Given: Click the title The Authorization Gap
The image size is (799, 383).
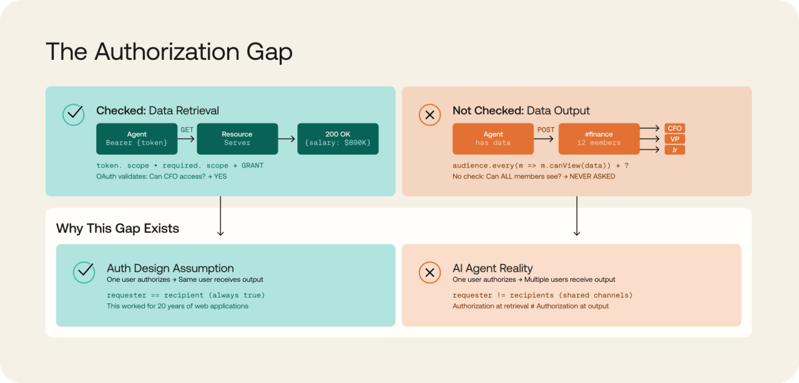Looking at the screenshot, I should click(169, 52).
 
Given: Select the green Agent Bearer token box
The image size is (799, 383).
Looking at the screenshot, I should click(137, 138).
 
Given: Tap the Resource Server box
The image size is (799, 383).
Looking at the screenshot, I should click(237, 138).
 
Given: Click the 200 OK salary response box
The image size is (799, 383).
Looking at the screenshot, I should click(338, 138).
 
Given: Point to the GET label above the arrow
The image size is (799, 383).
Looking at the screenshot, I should click(187, 130).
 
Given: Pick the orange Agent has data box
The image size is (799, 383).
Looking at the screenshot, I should click(493, 138).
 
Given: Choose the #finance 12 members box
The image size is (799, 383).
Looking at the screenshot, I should click(599, 138).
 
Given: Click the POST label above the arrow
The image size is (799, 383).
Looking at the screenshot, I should click(546, 130).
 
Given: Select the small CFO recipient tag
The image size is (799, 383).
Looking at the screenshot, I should click(675, 128).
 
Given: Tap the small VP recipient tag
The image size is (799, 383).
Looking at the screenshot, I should click(675, 139).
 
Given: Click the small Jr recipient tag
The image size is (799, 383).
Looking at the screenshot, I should click(675, 150).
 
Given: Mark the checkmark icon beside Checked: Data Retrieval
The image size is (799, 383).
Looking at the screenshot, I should click(74, 115).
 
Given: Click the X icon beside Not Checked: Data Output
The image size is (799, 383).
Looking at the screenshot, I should click(429, 115).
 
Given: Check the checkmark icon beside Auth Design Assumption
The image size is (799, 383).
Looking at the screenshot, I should click(84, 273).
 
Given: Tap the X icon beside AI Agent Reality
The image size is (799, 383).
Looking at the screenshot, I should click(429, 273).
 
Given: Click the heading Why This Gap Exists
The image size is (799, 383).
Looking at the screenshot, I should click(117, 228).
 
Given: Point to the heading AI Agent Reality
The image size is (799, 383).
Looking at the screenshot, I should click(493, 268).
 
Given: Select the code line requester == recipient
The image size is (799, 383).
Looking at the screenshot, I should click(185, 295).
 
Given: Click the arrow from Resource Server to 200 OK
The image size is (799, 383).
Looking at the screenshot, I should click(287, 139).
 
